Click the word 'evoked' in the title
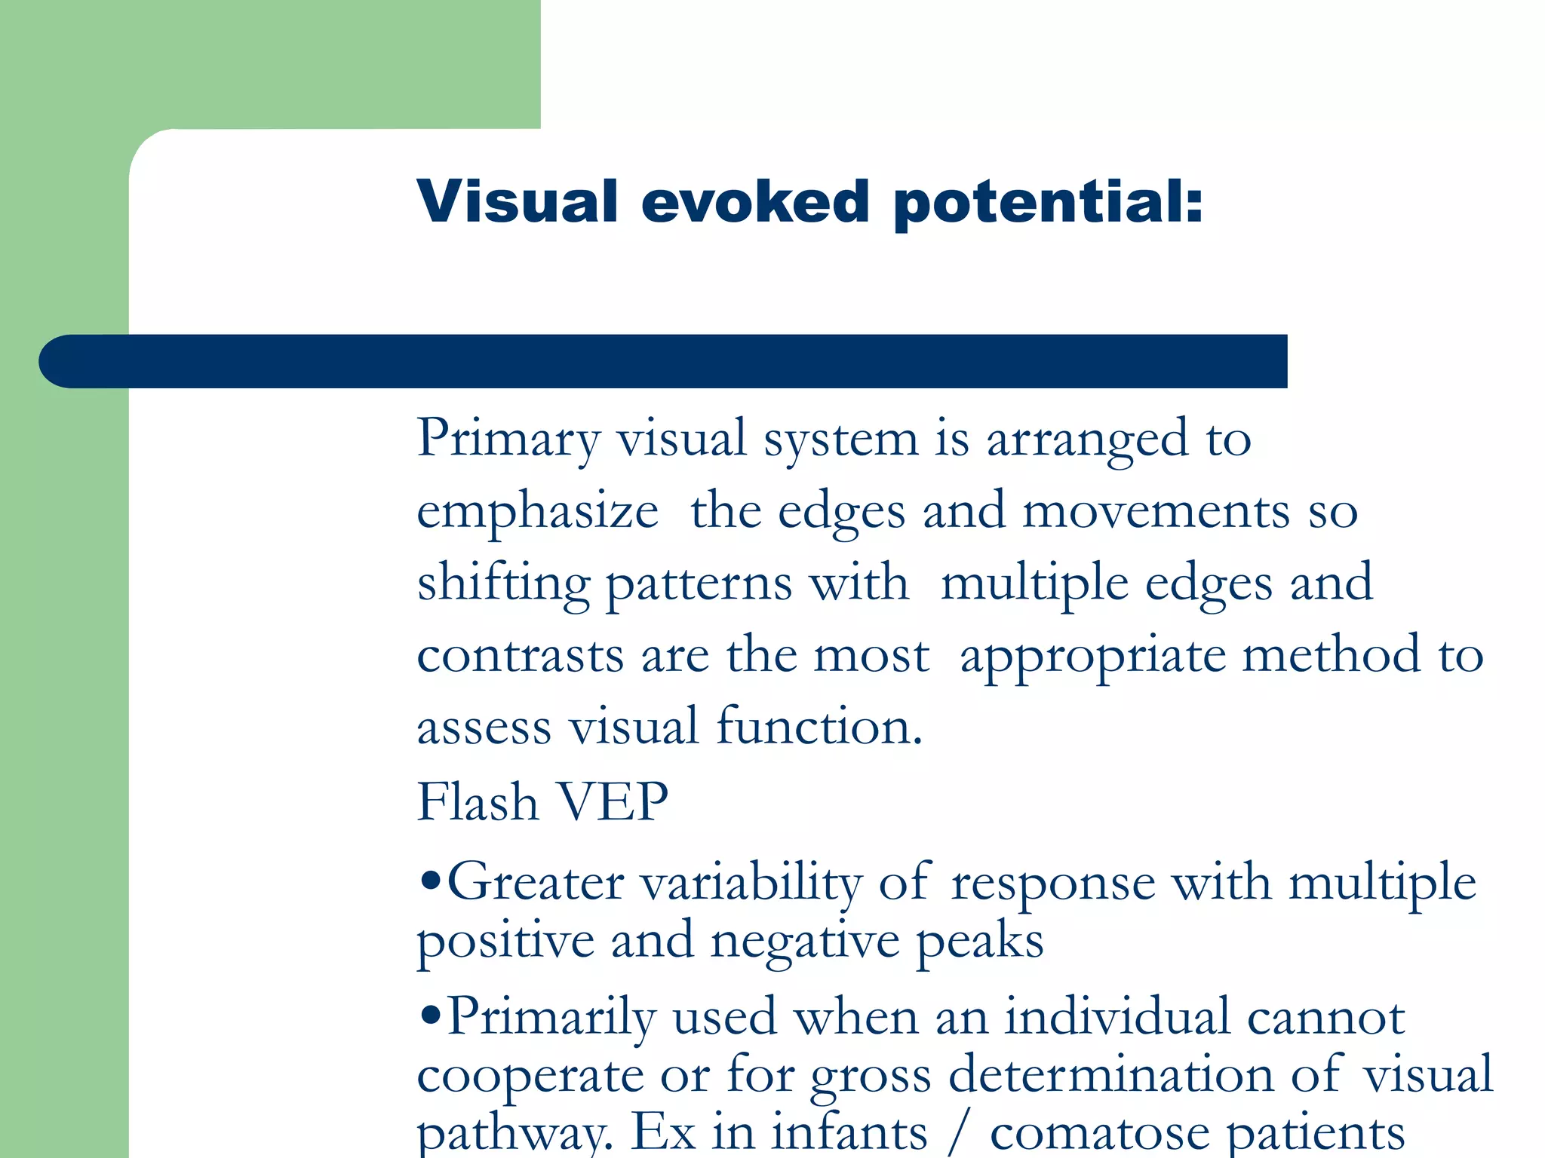[x=755, y=202]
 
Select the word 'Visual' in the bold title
[x=518, y=201]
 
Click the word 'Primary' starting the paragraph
[x=508, y=439]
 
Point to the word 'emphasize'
[x=537, y=513]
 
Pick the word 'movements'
[x=1156, y=511]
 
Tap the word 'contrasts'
[x=521, y=655]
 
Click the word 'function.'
[x=819, y=727]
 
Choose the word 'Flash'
[x=478, y=801]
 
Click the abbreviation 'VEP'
[x=612, y=801]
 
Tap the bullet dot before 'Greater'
[x=430, y=881]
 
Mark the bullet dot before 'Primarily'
[x=430, y=1015]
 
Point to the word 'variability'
[x=751, y=882]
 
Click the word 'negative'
[x=804, y=942]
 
